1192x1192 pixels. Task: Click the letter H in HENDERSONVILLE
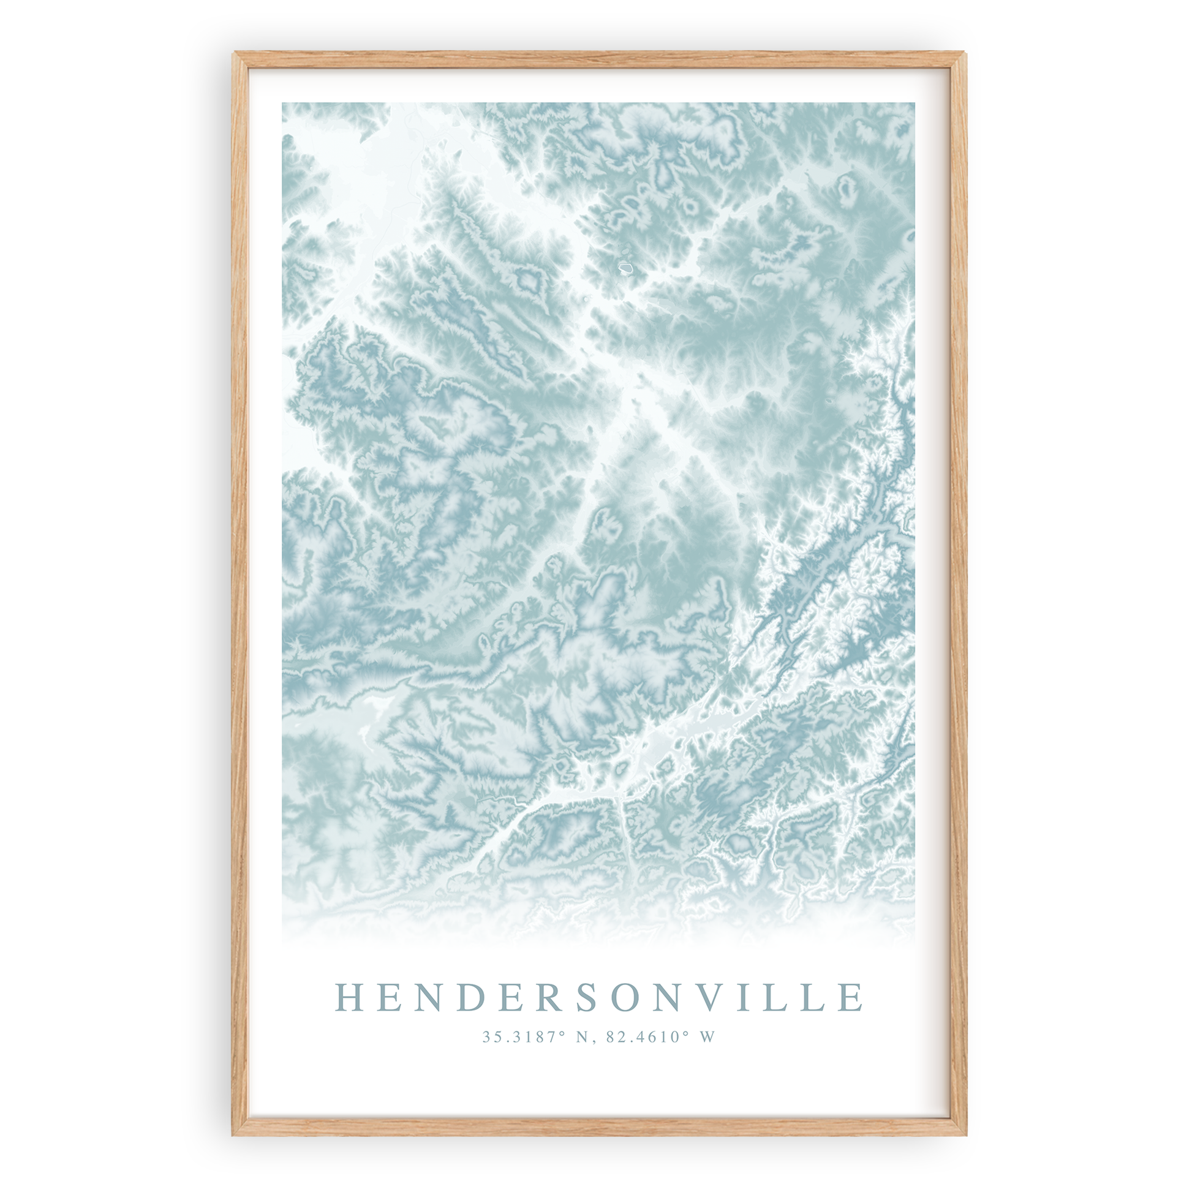[x=349, y=997]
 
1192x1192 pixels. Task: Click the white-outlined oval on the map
[x=626, y=268]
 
